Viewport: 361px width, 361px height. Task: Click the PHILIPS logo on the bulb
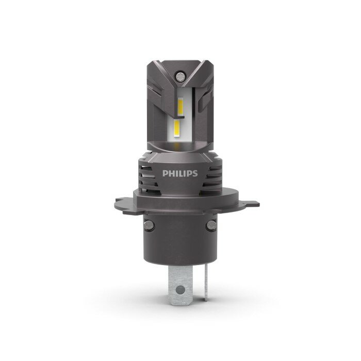point(180,173)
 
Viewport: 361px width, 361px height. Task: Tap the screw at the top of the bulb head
point(180,76)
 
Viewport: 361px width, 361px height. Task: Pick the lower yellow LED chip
point(177,129)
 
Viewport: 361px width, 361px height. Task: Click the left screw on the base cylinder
point(149,225)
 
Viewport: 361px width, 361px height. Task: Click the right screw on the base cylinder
point(211,225)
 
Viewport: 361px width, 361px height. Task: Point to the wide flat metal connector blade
point(180,285)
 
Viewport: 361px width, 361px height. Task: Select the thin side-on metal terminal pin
point(206,283)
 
